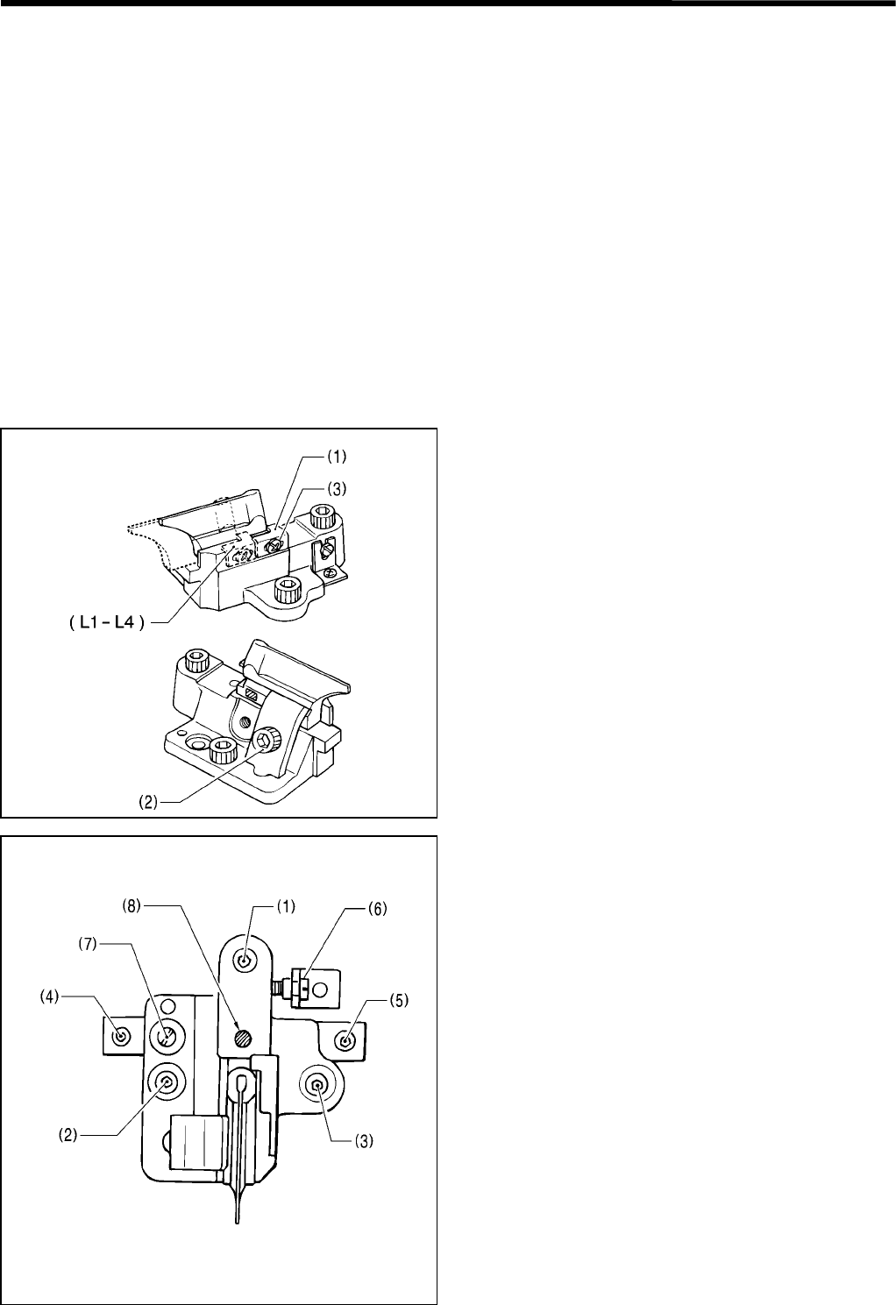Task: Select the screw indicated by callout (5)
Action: pos(348,1039)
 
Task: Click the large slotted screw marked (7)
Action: pos(167,1038)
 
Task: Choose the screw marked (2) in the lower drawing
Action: pos(166,1084)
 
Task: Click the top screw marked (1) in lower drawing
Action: pos(246,961)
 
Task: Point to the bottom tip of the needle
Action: pos(237,1221)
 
